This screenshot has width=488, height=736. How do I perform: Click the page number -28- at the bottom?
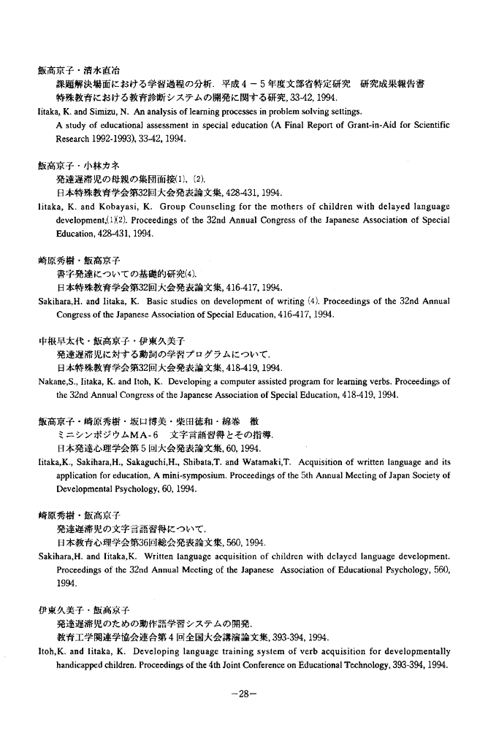point(243,694)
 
